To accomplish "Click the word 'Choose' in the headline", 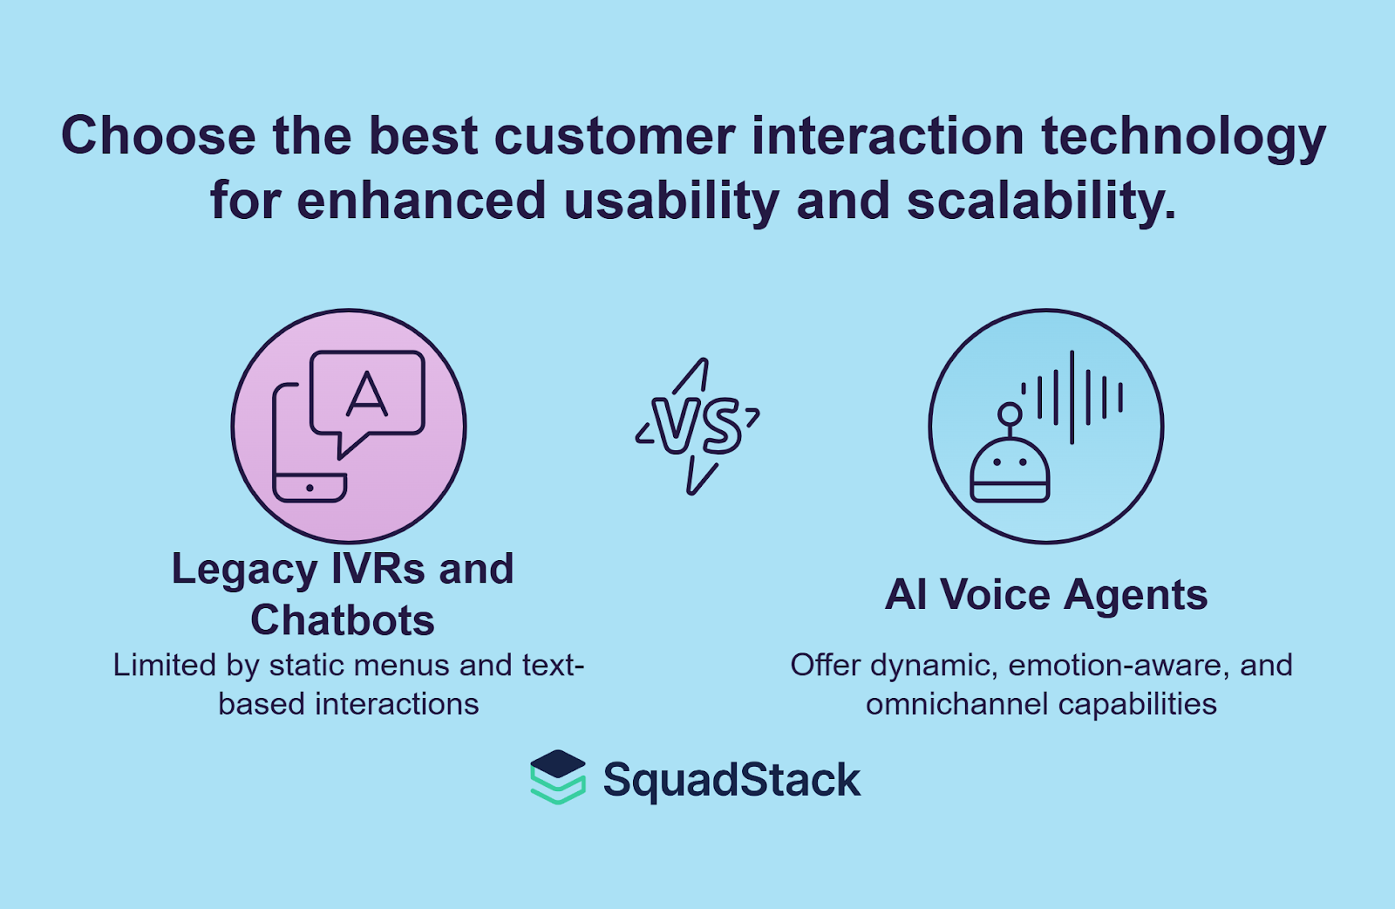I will click(158, 137).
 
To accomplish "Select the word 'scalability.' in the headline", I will click(1041, 202).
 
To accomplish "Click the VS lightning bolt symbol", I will click(697, 426).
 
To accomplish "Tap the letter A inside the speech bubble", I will click(367, 394).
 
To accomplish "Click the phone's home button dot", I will click(310, 488).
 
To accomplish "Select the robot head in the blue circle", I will click(1010, 471).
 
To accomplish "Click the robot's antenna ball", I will click(1010, 413).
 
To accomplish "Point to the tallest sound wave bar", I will click(1072, 397).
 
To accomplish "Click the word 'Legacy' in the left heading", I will click(243, 570).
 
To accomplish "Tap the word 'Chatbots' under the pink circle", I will click(343, 621).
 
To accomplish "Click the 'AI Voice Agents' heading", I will click(1046, 596).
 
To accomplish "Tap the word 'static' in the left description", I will click(304, 666).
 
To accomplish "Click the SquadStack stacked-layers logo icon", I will click(557, 776).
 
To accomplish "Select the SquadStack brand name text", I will click(732, 780).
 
